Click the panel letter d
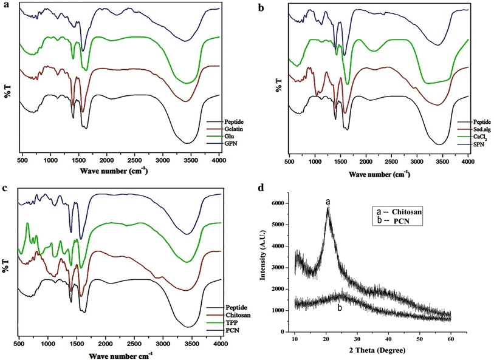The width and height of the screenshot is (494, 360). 261,188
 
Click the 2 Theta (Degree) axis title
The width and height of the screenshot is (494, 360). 374,351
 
